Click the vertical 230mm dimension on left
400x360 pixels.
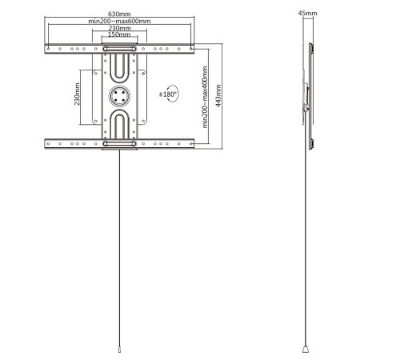coord(78,95)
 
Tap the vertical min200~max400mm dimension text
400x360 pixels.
coord(206,98)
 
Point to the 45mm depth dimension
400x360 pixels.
coord(306,14)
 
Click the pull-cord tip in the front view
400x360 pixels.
coord(118,350)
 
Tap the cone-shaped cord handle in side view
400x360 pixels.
coord(307,349)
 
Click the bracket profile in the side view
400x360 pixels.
coord(308,96)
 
